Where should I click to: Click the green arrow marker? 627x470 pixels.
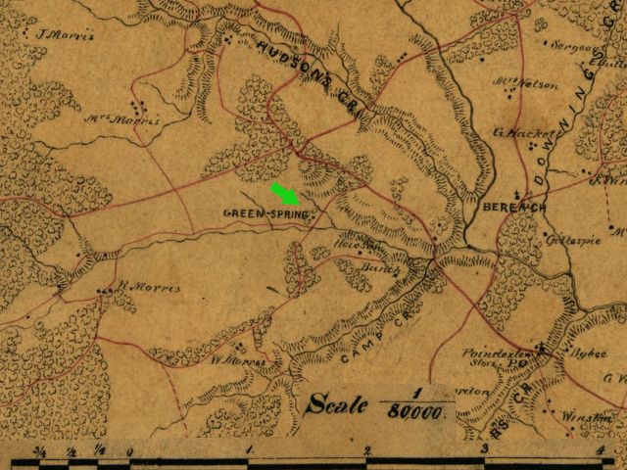coord(286,195)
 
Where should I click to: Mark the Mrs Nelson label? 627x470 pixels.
coord(532,84)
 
